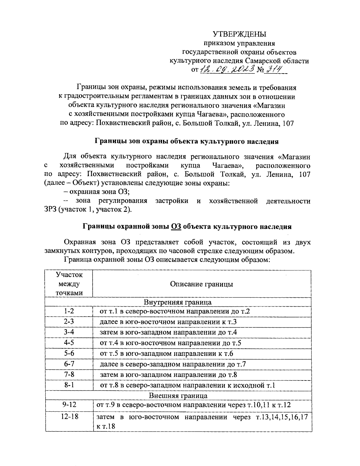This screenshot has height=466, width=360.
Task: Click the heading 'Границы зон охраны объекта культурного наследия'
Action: point(187,141)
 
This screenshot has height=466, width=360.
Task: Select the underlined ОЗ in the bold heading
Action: point(176,227)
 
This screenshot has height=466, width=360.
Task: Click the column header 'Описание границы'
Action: point(201,284)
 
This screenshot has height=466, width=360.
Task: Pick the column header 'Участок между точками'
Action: point(69,284)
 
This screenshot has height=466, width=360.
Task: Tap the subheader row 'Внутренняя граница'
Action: point(178,302)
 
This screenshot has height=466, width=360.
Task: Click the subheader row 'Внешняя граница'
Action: point(178,396)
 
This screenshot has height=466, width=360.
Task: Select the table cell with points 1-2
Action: point(69,311)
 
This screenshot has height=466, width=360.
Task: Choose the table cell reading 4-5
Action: point(69,343)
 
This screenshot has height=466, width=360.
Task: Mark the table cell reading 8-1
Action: point(69,385)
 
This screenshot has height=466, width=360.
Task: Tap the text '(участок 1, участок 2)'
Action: point(95,209)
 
